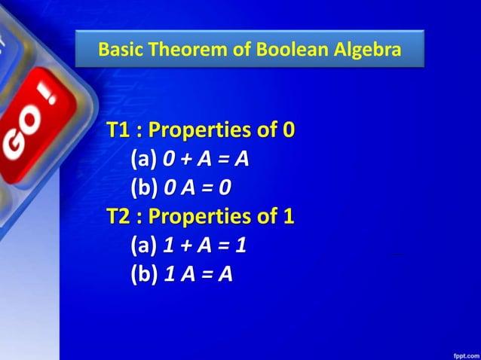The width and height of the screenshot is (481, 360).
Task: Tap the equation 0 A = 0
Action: (197, 188)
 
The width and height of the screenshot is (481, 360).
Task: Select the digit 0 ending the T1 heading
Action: (288, 130)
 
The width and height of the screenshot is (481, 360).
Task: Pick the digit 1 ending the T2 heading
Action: (287, 217)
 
